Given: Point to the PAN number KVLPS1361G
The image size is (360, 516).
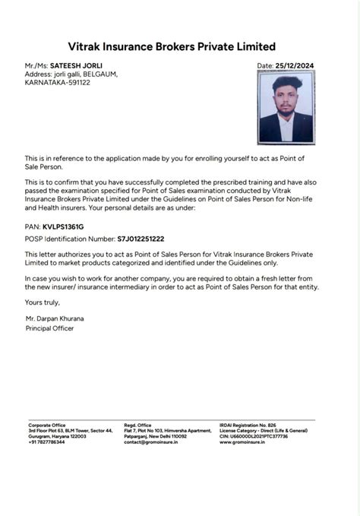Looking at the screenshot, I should (63, 226).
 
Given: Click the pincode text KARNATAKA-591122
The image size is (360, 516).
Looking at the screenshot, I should (58, 82).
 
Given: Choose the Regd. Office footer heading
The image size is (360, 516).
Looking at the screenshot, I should (138, 425).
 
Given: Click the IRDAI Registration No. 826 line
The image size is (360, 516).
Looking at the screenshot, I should (248, 425).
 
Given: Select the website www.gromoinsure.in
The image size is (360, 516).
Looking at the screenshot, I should (242, 442).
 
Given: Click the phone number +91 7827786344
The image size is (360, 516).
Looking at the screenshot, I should (47, 442).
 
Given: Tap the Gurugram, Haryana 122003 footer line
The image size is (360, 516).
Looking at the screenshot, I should (58, 436).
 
